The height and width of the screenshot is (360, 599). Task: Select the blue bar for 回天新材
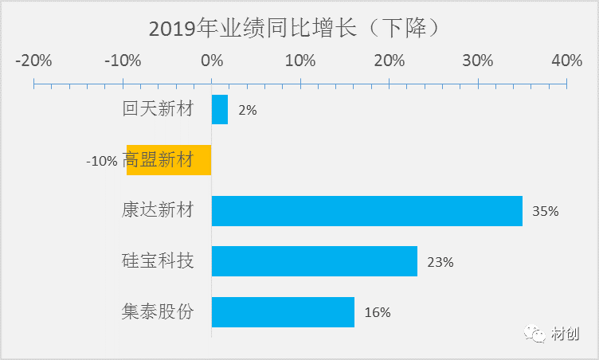tap(220, 110)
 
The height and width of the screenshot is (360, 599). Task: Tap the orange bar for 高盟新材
tap(169, 160)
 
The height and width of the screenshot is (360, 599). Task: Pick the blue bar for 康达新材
tap(366, 211)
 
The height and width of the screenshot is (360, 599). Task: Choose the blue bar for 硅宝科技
tap(314, 261)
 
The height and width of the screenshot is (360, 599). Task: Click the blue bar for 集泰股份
tap(283, 312)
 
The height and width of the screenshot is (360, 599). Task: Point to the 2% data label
tap(247, 111)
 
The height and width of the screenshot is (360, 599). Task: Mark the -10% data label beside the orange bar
tap(102, 161)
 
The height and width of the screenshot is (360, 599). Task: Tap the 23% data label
tap(440, 262)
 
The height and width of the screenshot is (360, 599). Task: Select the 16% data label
tap(378, 313)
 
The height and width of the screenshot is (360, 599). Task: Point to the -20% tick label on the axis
tap(33, 61)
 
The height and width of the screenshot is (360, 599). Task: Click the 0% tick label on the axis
tap(212, 61)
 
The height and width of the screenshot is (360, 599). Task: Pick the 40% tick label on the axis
tap(566, 61)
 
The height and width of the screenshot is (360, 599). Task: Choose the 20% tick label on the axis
tap(389, 61)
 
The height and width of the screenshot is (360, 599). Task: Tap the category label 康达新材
tap(158, 211)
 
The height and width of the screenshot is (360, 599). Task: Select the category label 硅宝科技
tap(158, 261)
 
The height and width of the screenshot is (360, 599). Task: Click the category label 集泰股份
tap(158, 311)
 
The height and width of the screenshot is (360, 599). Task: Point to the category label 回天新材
tap(158, 110)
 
